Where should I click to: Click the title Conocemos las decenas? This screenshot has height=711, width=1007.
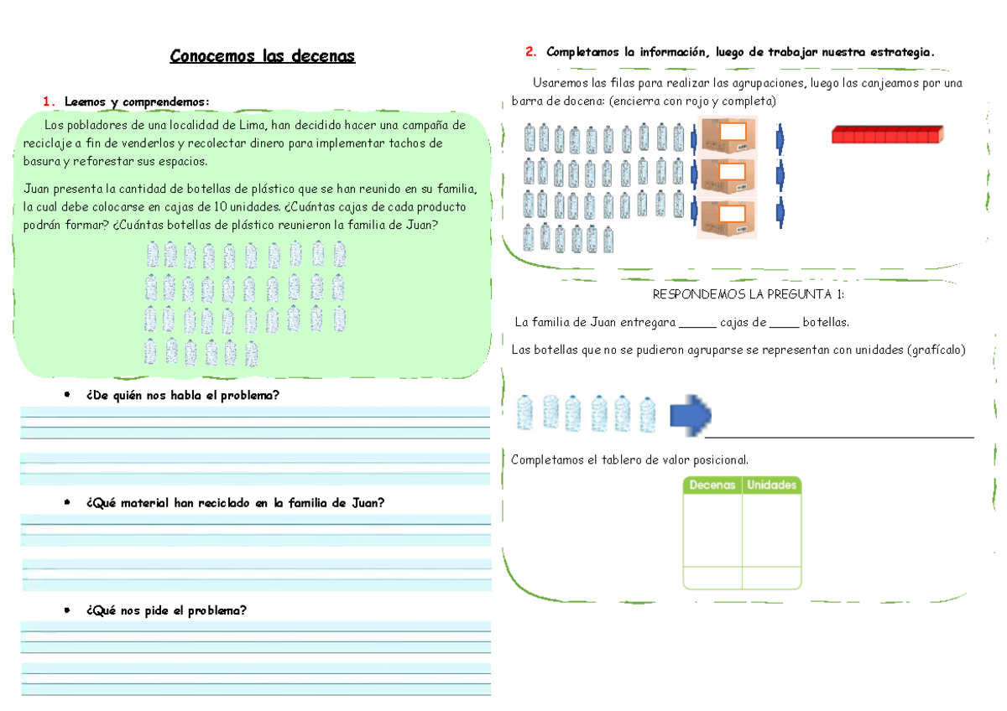tap(263, 56)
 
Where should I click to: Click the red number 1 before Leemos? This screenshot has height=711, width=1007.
tap(47, 102)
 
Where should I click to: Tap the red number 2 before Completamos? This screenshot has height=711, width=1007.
tap(530, 52)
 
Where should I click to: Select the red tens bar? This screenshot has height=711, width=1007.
tap(887, 134)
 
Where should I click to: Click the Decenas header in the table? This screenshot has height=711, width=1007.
tap(712, 485)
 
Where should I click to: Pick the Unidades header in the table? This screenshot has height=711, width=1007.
tap(771, 485)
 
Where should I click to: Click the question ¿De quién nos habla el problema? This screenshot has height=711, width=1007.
tap(181, 396)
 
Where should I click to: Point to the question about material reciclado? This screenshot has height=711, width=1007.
tap(235, 503)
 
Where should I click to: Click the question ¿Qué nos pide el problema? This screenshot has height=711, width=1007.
tap(166, 610)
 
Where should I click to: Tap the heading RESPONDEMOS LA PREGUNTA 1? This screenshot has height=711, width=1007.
tap(748, 294)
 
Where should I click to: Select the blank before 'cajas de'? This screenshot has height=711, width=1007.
tap(697, 323)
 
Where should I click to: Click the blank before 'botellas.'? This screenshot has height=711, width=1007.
tap(784, 323)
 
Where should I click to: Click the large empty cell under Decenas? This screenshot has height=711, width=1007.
tap(712, 530)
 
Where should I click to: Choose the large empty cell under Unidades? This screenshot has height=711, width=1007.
tap(771, 530)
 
